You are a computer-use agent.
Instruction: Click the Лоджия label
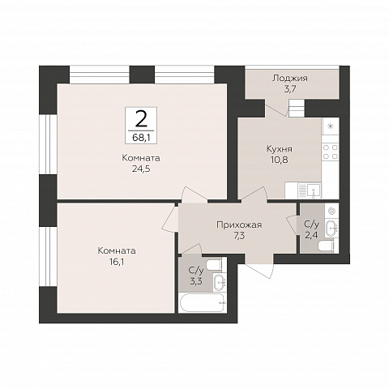[290, 79]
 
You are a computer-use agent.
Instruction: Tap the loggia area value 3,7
[290, 89]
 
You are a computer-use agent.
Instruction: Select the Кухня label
[280, 149]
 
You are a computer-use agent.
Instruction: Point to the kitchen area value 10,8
[280, 160]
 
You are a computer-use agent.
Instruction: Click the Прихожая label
[239, 224]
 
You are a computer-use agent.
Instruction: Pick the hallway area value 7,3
[239, 236]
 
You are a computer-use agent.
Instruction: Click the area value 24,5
[141, 169]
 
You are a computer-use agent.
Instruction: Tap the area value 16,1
[117, 262]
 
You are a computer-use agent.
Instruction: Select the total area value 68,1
[141, 138]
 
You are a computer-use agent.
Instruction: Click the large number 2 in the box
[141, 119]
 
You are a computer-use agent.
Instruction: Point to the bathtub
[203, 302]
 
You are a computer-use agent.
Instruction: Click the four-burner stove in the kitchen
[331, 152]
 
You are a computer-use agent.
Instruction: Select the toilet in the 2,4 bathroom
[327, 246]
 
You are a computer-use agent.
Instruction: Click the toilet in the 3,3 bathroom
[214, 265]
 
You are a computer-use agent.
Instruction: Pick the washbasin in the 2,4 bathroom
[331, 229]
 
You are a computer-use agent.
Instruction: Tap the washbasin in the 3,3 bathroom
[220, 282]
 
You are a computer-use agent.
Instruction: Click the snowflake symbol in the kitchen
[331, 126]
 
